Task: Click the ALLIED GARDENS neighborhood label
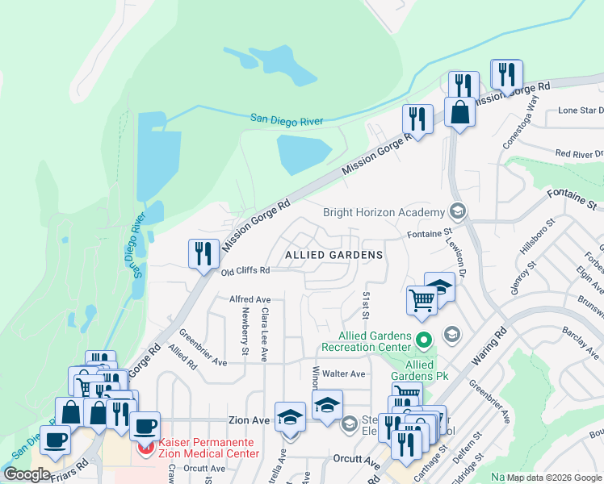pos(333,255)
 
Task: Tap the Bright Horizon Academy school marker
pos(458,211)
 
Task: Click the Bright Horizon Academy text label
pos(384,213)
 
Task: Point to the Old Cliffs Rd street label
pos(245,272)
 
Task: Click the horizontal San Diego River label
pos(286,120)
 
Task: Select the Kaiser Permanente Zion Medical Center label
pos(208,449)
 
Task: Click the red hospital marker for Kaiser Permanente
pos(147,448)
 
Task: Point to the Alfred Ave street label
pos(250,299)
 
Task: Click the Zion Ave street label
pos(247,421)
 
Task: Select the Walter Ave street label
pos(345,374)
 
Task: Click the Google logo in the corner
pos(27,474)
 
